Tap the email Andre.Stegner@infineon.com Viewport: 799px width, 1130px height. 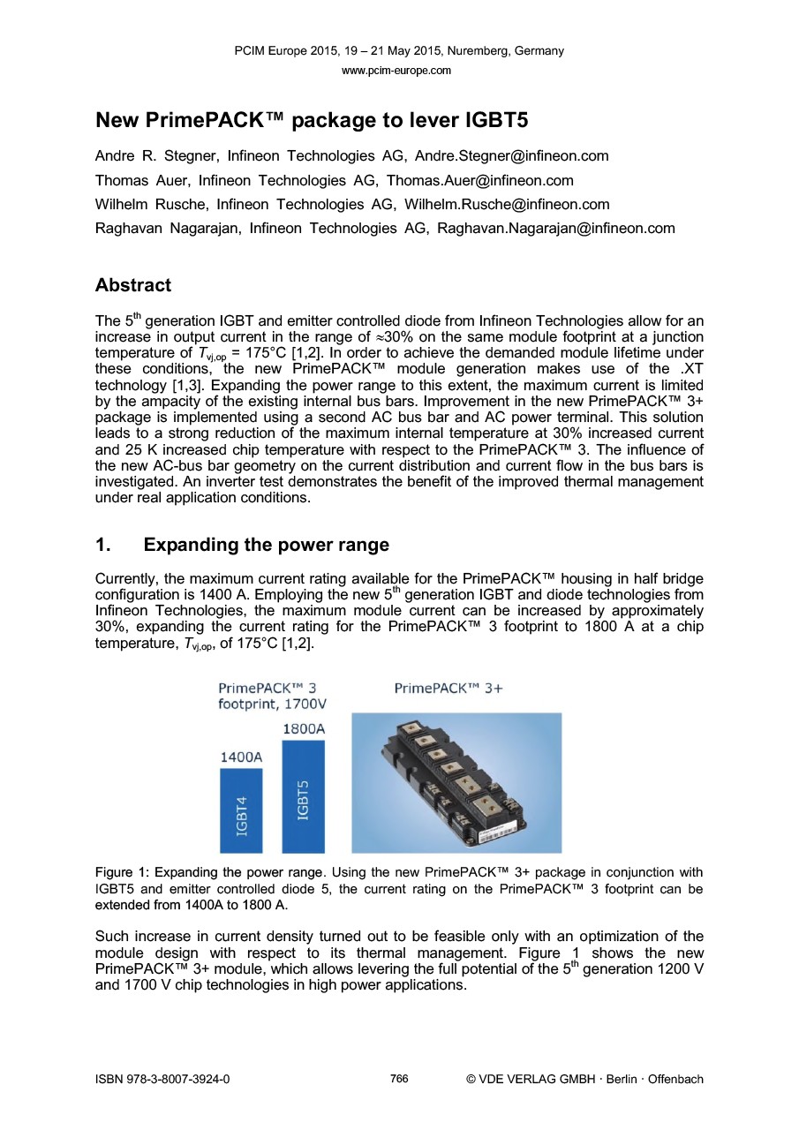point(511,156)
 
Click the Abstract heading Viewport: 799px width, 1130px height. point(133,285)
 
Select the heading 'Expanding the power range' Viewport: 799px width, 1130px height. point(266,545)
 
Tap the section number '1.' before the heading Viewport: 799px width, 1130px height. point(103,545)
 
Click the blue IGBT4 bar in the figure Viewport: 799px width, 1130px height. point(241,810)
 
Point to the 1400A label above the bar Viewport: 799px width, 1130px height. point(241,757)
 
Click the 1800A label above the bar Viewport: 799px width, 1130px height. point(303,729)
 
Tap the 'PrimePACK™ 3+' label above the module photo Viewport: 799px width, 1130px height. point(448,689)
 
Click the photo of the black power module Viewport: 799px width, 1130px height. point(456,782)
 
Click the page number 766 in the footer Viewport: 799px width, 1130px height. point(399,1078)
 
